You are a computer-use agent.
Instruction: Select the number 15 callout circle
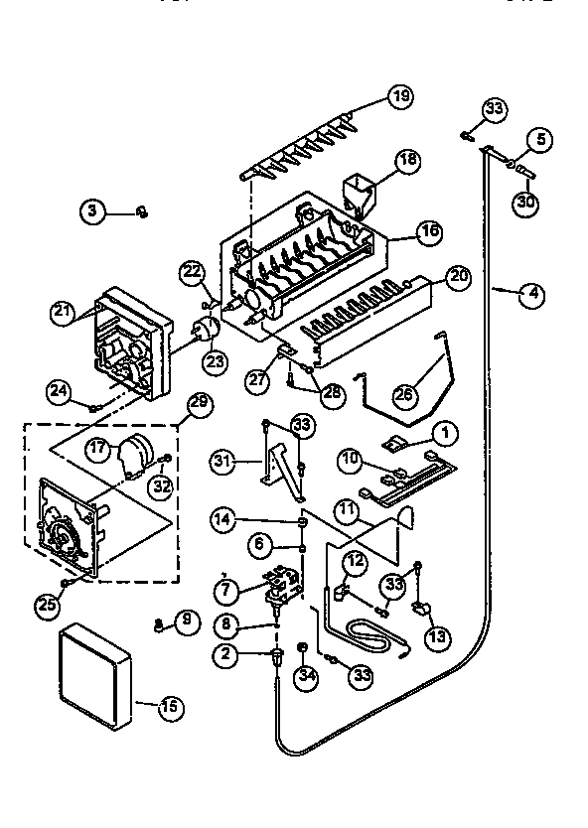coord(170,706)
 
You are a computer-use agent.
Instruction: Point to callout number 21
coord(64,312)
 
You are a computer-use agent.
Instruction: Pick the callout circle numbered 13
coord(438,637)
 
